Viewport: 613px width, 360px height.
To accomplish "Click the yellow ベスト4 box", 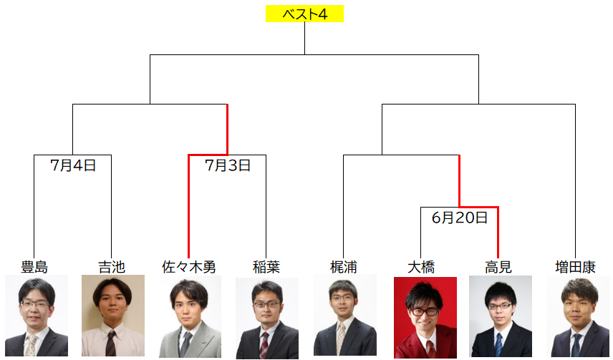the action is [304, 14].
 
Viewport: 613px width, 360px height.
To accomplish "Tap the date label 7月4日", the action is [73, 165].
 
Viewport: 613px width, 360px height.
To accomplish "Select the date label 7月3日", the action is [228, 165].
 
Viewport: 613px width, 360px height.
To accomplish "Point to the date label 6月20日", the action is [460, 218].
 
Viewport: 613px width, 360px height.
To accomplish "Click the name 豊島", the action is [34, 267].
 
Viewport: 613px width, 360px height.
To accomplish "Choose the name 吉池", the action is [112, 267].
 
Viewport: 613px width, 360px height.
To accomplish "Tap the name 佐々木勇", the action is [189, 267].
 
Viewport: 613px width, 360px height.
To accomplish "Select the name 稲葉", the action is [266, 267].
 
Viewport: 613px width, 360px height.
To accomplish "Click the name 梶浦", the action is [344, 267].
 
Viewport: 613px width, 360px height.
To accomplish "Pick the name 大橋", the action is [421, 267].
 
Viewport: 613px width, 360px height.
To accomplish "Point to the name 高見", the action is [498, 267].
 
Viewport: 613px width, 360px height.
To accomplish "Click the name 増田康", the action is [576, 267].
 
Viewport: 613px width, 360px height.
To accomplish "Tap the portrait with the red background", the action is [425, 317].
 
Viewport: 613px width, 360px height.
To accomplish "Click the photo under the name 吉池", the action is [113, 316].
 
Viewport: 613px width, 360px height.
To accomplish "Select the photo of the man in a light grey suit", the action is [190, 316].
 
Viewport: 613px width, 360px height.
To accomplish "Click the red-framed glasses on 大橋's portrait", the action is [424, 312].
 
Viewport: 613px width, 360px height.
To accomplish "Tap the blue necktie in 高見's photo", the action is [498, 344].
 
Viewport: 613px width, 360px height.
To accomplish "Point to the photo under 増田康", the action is [578, 316].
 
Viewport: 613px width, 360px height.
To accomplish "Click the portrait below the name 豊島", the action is [37, 316].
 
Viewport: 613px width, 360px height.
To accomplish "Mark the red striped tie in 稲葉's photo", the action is [265, 345].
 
